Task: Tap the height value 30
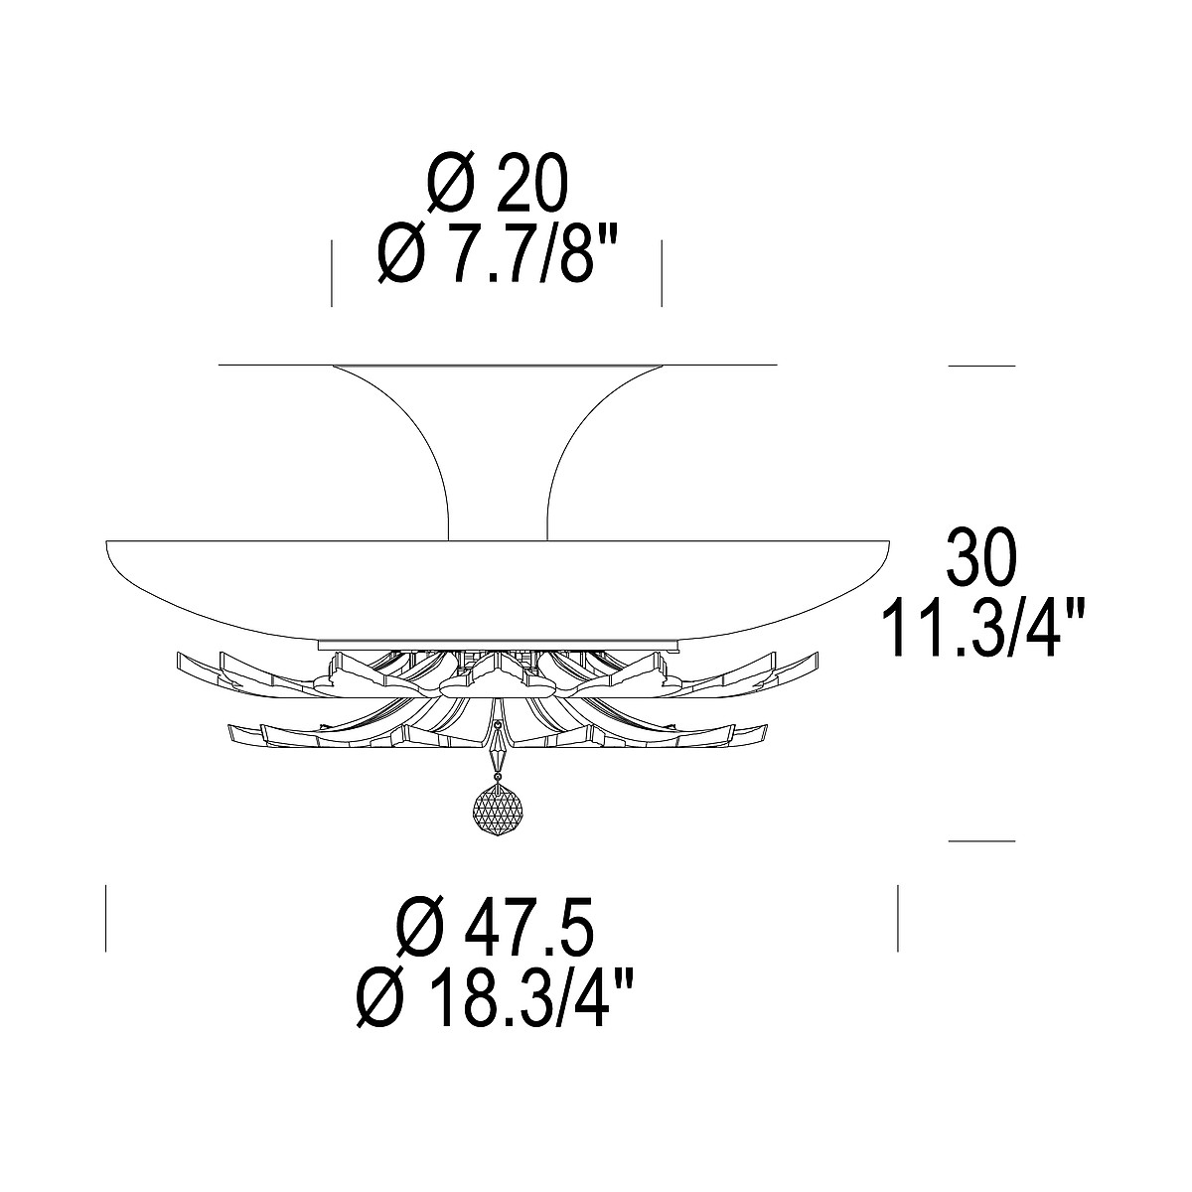981,555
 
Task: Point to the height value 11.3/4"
982,627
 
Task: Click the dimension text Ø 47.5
495,924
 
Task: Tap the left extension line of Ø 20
332,273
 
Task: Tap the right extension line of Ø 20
662,273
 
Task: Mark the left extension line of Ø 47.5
105,918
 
